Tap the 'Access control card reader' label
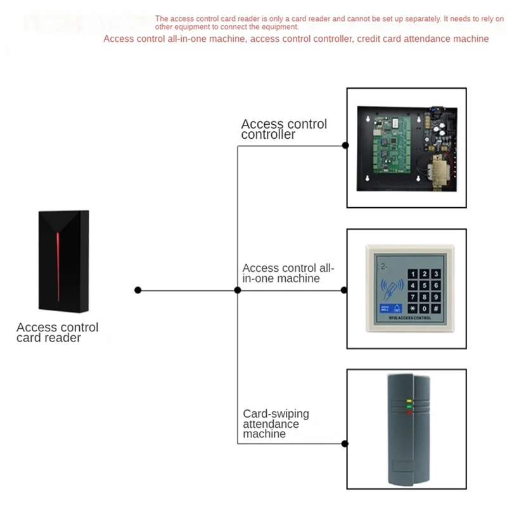(57, 333)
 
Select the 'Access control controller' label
(284, 129)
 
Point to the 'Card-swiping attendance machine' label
(276, 423)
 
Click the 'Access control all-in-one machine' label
(288, 273)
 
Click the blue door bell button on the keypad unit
(384, 309)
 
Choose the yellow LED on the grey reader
(409, 401)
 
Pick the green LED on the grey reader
(409, 407)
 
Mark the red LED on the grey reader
(409, 413)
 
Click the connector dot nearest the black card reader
(138, 290)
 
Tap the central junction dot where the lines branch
(237, 290)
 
